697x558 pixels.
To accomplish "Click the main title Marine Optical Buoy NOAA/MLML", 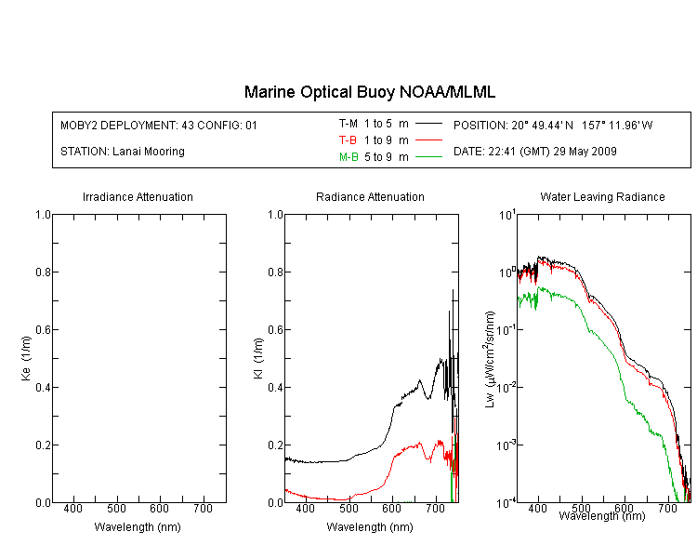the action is [x=369, y=92].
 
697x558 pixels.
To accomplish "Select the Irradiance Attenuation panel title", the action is [x=138, y=197].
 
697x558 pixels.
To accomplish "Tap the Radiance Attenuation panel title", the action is [x=370, y=197].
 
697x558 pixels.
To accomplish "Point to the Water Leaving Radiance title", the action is [x=602, y=197].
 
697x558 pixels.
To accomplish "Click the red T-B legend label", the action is [x=348, y=140].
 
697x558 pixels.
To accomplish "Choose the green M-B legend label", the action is [x=348, y=157].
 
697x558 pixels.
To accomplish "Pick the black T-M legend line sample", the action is [x=429, y=124].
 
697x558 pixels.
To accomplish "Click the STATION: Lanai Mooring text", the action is [x=123, y=152].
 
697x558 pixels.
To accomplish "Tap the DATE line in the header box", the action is [x=534, y=152].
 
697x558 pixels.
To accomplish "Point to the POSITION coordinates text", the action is [x=553, y=126].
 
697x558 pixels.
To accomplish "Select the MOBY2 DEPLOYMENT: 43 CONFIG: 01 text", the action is [x=159, y=126].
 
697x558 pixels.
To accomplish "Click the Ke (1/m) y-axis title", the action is [x=26, y=358].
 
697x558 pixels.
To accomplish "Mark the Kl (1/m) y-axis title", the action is [x=258, y=358].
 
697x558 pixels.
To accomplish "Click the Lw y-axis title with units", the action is [x=490, y=359].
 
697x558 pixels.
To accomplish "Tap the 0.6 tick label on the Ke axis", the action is [x=43, y=330].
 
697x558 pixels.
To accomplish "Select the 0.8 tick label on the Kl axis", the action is [x=276, y=272].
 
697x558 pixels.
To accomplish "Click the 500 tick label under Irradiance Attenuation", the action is [x=116, y=509].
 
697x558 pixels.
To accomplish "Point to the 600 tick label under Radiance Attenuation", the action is [x=391, y=509].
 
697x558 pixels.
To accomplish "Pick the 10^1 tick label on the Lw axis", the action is [x=506, y=215].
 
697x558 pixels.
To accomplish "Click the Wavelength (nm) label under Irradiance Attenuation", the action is [x=138, y=527].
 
